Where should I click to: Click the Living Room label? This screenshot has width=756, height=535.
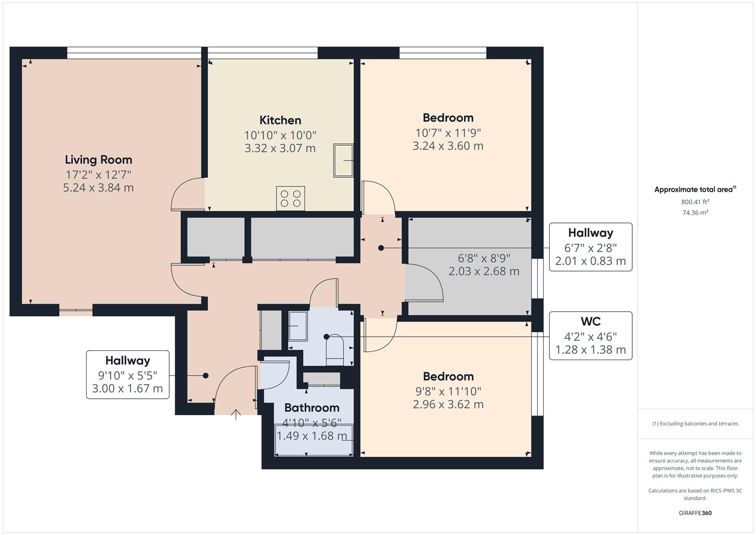pos(99,160)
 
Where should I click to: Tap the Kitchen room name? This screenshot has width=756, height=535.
pos(280,120)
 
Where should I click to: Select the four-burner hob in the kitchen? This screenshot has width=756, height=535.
pos(291,198)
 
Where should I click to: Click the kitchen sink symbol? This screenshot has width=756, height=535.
pos(343,160)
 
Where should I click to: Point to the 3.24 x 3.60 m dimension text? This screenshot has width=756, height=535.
pos(448,146)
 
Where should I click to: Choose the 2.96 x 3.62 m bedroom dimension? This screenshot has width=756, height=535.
pos(448,404)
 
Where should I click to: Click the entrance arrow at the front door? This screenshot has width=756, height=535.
pos(236,414)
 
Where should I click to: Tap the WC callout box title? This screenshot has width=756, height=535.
pos(591,321)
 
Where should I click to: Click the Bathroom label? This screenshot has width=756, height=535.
pos(312,408)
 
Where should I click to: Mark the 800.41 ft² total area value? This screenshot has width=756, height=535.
pos(695,202)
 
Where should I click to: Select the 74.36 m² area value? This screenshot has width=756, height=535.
pos(695,213)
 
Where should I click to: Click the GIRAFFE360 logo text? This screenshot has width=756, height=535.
pos(695,513)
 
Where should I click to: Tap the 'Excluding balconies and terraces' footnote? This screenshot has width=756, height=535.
pos(695,424)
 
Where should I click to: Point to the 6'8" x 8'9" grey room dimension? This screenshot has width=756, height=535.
pos(484,258)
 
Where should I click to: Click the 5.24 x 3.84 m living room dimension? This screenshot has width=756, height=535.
pos(99,188)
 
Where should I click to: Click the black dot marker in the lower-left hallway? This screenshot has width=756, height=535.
pos(205,375)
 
